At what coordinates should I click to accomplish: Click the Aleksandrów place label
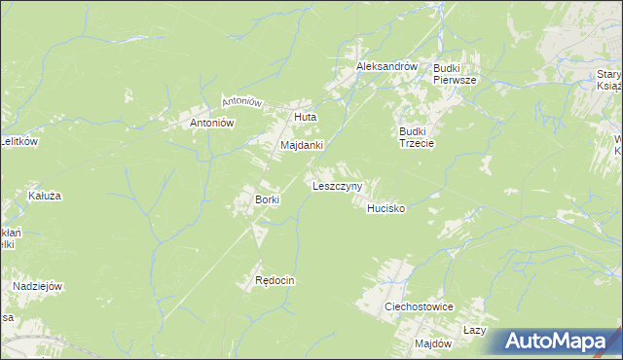coord(386,66)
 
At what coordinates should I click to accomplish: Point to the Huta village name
coord(306,119)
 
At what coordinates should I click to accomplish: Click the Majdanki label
coord(301,145)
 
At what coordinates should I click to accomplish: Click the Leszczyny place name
coord(337,185)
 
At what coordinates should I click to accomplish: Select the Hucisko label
coord(385,208)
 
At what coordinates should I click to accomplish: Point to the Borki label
coord(267,200)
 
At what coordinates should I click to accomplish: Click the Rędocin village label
coord(275,280)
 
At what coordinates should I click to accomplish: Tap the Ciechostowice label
coord(420,306)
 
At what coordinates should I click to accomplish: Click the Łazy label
coord(474,331)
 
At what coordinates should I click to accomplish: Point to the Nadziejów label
coord(38,286)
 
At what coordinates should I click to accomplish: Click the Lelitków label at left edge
coord(18,142)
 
